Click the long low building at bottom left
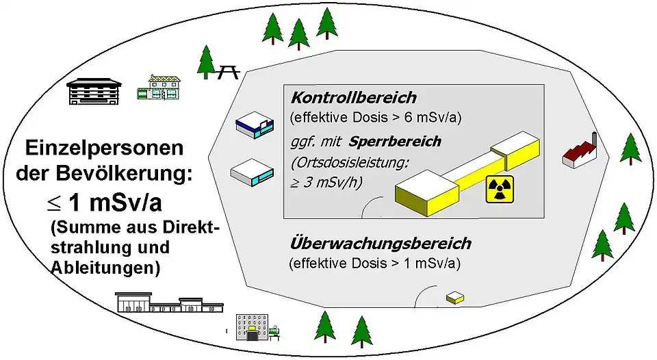click(169, 303)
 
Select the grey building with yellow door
click(252, 328)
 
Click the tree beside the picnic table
click(205, 61)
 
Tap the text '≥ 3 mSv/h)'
click(326, 182)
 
